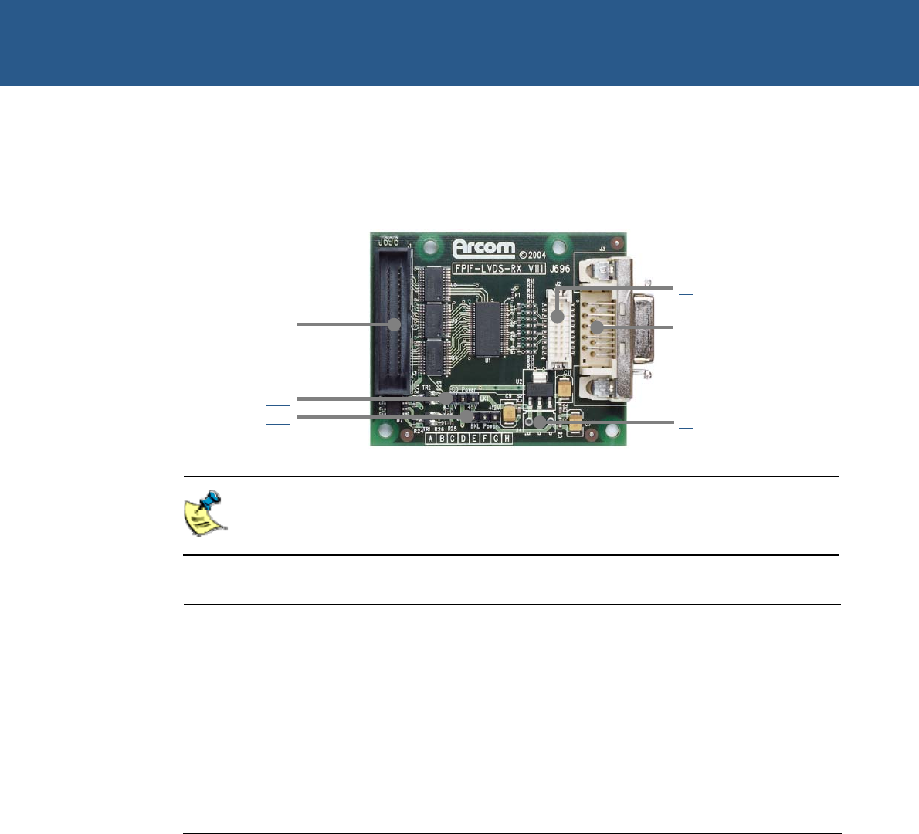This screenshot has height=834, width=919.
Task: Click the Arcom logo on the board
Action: (483, 249)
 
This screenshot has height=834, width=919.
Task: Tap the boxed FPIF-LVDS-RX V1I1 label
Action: (500, 270)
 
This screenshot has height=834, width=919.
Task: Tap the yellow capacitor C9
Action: (509, 415)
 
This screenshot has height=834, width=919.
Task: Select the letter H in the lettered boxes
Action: (507, 439)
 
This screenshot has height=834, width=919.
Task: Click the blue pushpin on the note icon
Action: (209, 500)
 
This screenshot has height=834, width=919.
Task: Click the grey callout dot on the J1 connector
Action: (394, 324)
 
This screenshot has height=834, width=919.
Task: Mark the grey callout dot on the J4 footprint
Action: (540, 422)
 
